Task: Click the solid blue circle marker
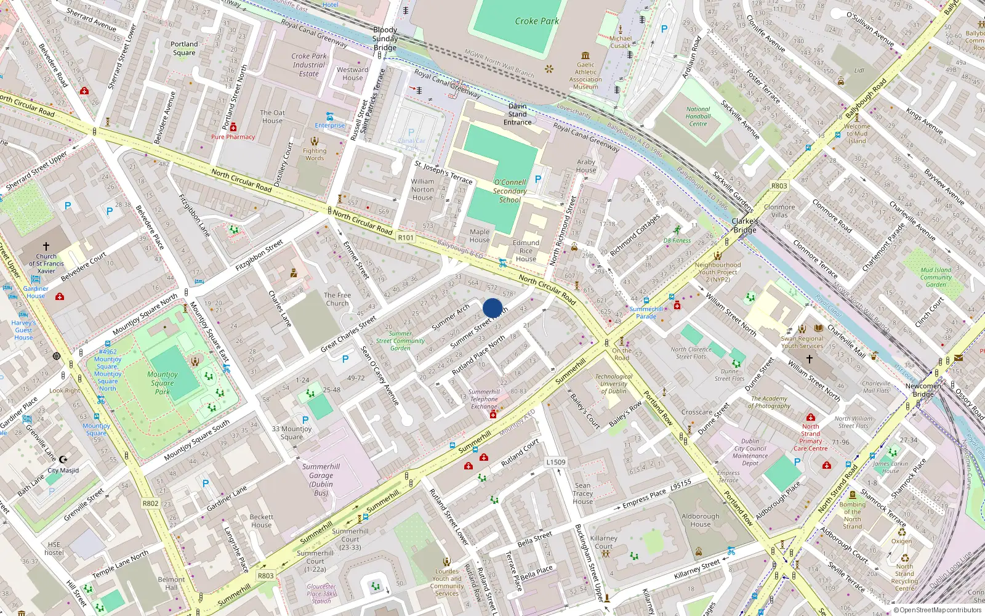pos(492,308)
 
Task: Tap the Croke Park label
pos(537,21)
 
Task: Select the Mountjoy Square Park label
pos(163,383)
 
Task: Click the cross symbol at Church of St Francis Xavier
pos(46,246)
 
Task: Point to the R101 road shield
pos(406,237)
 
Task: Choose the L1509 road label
pos(555,462)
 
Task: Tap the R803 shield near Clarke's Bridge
pos(779,185)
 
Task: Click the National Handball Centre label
pos(698,116)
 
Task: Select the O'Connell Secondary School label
pos(510,191)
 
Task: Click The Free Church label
pos(337,299)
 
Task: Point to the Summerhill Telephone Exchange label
pos(484,399)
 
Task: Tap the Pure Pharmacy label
pos(233,137)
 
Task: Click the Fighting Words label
pos(315,154)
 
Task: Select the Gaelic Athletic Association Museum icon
pos(585,55)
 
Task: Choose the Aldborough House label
pos(700,520)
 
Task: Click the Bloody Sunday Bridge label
pos(385,38)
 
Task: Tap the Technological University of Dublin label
pos(613,384)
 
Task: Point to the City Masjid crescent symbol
pos(63,460)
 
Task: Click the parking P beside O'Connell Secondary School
pos(538,179)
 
